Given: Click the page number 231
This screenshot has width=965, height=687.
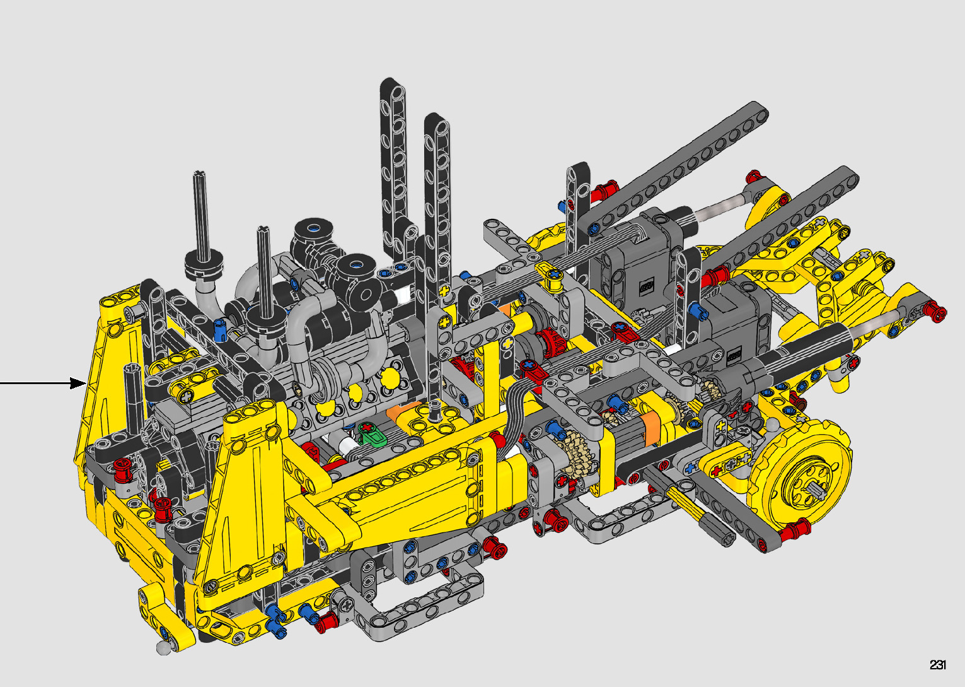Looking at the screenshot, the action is pyautogui.click(x=937, y=664).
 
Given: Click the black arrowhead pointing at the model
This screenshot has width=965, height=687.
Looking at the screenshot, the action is pyautogui.click(x=78, y=383).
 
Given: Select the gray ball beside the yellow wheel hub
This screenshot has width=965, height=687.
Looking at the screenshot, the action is pyautogui.click(x=774, y=425).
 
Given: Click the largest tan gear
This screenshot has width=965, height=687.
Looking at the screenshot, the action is pyautogui.click(x=573, y=453).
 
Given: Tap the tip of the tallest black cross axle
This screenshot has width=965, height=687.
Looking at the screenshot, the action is pyautogui.click(x=199, y=173).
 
